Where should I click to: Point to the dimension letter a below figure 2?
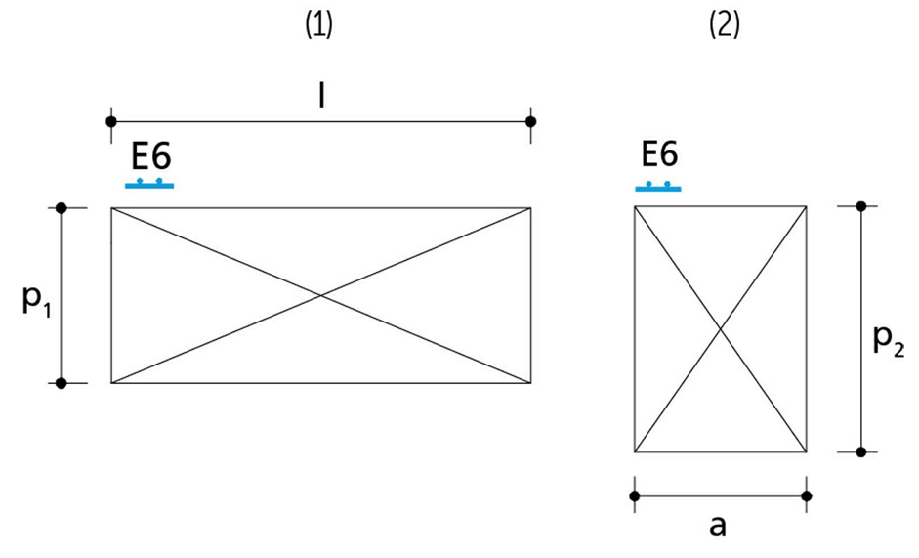(x=718, y=525)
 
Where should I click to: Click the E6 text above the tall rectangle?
(x=659, y=155)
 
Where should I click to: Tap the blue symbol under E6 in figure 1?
(x=149, y=183)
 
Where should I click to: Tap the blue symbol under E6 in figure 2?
(x=658, y=186)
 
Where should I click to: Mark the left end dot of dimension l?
(x=111, y=121)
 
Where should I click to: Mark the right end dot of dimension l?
(x=531, y=121)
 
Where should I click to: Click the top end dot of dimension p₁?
(x=62, y=207)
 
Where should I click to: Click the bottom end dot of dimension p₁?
(x=62, y=383)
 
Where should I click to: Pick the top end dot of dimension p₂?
(x=860, y=205)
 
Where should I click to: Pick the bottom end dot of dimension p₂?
(x=860, y=451)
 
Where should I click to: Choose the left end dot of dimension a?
(x=635, y=496)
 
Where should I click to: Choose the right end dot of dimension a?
(x=807, y=496)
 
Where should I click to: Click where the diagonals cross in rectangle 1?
(x=321, y=295)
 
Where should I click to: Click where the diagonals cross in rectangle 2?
(x=721, y=329)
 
